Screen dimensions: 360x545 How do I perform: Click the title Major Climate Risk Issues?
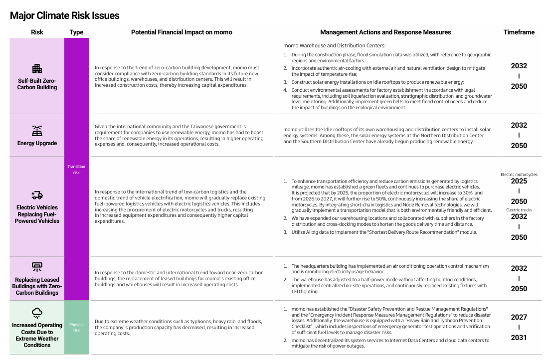point(65,15)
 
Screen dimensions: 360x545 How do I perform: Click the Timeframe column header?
point(519,32)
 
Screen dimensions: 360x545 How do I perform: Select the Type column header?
point(76,32)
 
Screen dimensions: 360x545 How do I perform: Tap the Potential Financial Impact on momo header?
point(182,32)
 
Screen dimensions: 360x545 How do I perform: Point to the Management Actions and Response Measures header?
point(385,32)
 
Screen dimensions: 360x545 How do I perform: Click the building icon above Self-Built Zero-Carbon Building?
point(37,69)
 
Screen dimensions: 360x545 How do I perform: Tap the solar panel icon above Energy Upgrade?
point(37,131)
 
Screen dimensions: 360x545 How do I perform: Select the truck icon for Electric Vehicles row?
point(37,195)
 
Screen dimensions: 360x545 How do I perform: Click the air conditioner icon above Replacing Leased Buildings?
point(37,267)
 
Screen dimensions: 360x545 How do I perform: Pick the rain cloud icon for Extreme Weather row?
point(37,313)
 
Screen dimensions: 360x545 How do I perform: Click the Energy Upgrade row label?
point(37,144)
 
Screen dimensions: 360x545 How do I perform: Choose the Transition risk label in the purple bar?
point(76,170)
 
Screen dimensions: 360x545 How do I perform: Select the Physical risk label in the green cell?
point(76,327)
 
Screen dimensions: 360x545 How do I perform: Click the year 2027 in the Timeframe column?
point(519,317)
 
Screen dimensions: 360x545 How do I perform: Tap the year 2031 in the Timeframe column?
point(519,338)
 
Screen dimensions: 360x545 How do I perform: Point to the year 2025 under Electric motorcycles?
point(519,181)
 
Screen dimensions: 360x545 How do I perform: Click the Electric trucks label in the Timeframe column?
point(519,210)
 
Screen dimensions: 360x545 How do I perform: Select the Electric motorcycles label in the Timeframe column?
point(519,175)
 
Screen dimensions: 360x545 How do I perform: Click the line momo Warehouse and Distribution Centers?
point(327,45)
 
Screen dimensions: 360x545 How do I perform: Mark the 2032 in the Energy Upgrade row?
point(519,125)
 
